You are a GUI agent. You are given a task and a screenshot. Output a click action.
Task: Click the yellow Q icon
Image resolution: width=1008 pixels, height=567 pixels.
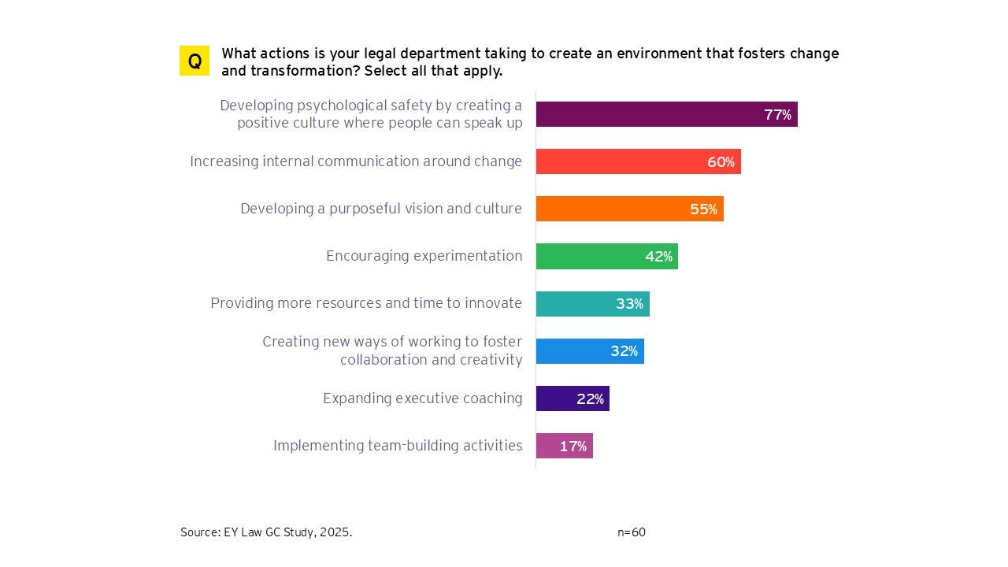[195, 61]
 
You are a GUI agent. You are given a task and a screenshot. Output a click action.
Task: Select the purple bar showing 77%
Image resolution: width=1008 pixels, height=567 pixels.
[646, 114]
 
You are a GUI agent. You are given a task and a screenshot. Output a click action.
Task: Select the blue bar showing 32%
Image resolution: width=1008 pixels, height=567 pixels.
[571, 351]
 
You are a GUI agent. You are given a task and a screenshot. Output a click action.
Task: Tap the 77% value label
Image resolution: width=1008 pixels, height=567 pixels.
[777, 115]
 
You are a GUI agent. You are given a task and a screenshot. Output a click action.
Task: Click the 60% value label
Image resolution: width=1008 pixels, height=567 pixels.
[721, 162]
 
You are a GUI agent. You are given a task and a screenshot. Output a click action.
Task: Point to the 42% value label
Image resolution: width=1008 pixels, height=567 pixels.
[658, 257]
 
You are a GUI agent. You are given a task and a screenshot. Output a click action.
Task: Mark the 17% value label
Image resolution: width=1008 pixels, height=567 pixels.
[573, 447]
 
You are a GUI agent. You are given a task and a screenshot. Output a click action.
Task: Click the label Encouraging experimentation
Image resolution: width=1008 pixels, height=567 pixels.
[424, 256]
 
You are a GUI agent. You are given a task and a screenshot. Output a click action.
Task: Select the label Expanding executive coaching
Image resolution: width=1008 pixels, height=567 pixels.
[422, 398]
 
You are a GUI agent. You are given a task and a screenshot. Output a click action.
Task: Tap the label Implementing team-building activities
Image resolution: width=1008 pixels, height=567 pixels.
[398, 446]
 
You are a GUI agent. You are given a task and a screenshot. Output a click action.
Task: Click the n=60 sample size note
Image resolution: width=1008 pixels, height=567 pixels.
[631, 532]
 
